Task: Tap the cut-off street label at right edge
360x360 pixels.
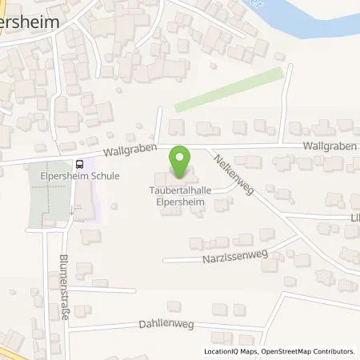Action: pyautogui.click(x=353, y=217)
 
